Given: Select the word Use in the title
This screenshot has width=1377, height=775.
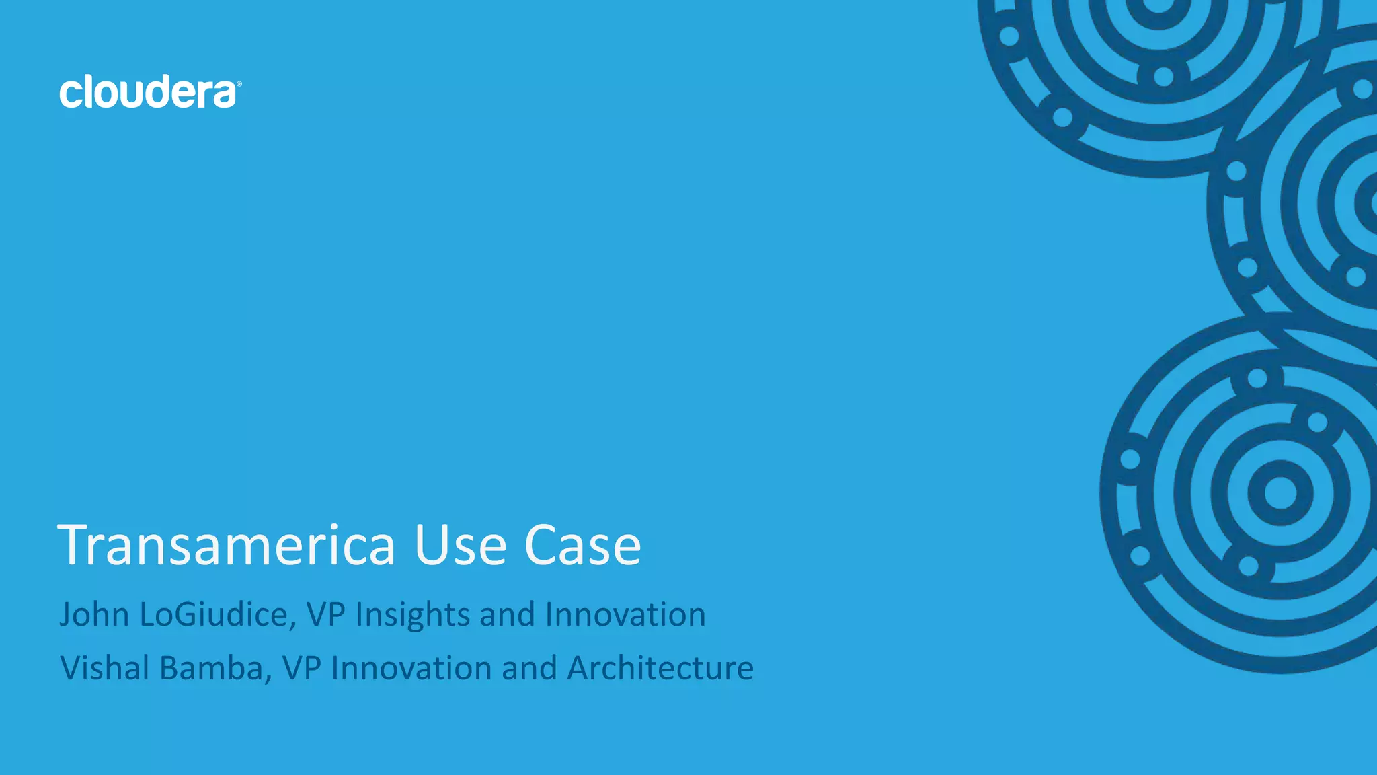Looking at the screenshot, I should [x=460, y=545].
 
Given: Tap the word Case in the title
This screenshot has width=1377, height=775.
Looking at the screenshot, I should [x=582, y=545].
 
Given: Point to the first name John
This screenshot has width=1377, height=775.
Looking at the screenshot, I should [x=94, y=614].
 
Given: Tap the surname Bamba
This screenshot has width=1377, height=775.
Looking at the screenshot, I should [x=216, y=668].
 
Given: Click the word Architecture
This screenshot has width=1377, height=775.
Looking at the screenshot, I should [x=660, y=668].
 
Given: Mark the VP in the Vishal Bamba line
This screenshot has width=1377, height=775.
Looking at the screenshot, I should [x=302, y=668].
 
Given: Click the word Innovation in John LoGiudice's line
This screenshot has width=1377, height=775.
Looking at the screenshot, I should [x=625, y=614].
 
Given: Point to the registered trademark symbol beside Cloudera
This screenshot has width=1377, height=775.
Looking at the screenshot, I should [x=239, y=84].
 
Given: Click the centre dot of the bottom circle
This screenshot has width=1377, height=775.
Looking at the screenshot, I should [x=1280, y=493].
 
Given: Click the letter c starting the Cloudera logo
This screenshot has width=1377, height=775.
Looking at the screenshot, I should [x=70, y=95].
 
